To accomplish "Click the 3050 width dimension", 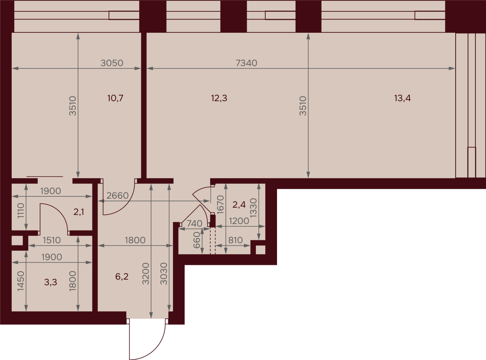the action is (112, 63).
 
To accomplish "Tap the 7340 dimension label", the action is (246, 63).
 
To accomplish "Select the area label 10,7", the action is (115, 98).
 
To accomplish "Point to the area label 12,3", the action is (219, 98).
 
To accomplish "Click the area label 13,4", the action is (402, 98).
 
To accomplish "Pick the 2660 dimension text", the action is (117, 196).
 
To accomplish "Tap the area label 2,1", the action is (79, 212).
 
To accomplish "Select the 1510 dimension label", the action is (52, 240).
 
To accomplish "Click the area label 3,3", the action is (51, 282).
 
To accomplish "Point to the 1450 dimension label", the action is (21, 281).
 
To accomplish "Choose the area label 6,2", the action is (122, 277).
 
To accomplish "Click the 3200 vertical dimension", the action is (146, 274).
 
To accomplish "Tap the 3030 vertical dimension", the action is (164, 274).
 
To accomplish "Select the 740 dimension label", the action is (194, 224).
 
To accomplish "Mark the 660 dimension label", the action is (197, 240).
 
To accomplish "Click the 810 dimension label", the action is (236, 240).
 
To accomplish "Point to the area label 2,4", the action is (239, 204).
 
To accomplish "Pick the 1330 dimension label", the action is (253, 208).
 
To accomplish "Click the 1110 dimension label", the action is (21, 211).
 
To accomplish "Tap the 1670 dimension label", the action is (220, 204).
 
